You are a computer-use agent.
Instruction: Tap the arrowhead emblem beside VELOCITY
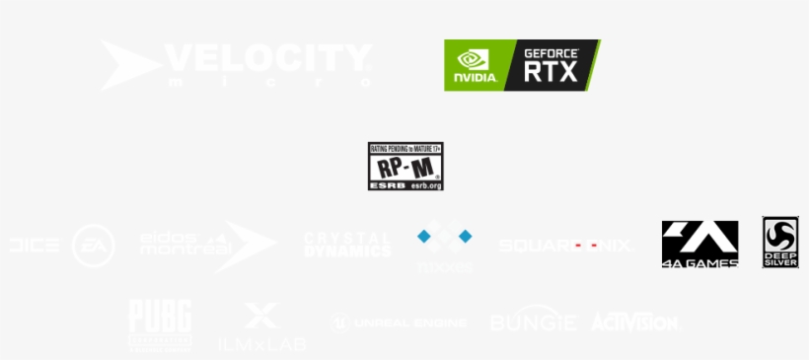pyautogui.click(x=129, y=64)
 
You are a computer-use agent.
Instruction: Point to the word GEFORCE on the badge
pyautogui.click(x=552, y=52)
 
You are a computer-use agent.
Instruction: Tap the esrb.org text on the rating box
pyautogui.click(x=424, y=184)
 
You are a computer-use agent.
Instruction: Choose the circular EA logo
pyautogui.click(x=94, y=246)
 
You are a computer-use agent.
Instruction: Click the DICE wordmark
pyautogui.click(x=34, y=246)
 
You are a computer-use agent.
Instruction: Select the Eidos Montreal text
pyautogui.click(x=184, y=245)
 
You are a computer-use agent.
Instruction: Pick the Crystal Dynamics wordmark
pyautogui.click(x=347, y=245)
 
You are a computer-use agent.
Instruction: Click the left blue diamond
pyautogui.click(x=424, y=236)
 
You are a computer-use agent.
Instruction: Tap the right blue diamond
pyautogui.click(x=465, y=236)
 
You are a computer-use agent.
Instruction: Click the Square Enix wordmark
pyautogui.click(x=565, y=245)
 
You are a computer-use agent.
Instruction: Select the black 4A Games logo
pyautogui.click(x=699, y=243)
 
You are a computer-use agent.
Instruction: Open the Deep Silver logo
pyautogui.click(x=779, y=243)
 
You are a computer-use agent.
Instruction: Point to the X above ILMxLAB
pyautogui.click(x=261, y=316)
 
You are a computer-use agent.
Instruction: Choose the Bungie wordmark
pyautogui.click(x=533, y=322)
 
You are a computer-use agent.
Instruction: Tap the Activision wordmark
pyautogui.click(x=634, y=323)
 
